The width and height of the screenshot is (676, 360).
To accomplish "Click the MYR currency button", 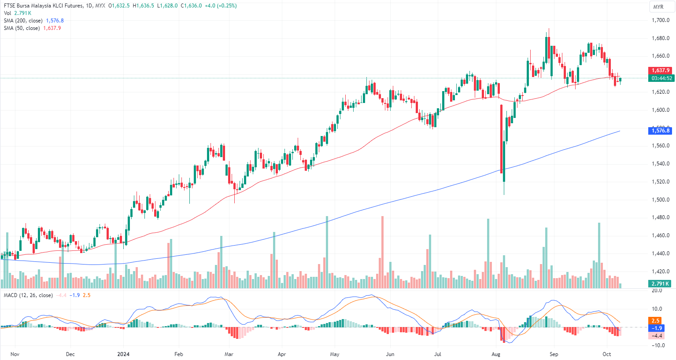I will click(658, 7).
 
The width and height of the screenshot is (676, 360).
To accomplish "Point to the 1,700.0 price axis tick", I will click(661, 20).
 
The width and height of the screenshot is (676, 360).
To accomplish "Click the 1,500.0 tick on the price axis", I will click(661, 200).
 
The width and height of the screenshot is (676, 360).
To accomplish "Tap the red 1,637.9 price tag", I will click(661, 70).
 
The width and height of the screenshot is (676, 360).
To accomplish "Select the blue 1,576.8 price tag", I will click(661, 131).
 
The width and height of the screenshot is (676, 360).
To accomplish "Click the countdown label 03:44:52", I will click(661, 78).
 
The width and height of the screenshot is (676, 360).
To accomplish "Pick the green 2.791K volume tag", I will click(661, 284).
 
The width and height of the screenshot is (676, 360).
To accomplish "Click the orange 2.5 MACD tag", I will click(655, 321).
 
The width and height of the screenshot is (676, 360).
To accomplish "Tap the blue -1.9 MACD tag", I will click(657, 328).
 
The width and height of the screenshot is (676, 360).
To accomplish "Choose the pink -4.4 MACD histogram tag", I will click(657, 336).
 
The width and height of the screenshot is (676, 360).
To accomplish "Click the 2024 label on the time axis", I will click(123, 354).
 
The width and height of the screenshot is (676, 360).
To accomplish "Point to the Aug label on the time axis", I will click(496, 354).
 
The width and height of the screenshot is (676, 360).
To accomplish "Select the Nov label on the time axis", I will click(15, 354).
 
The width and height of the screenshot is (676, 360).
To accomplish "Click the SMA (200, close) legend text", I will click(23, 21).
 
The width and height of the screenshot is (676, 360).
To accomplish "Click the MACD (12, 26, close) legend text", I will click(28, 295).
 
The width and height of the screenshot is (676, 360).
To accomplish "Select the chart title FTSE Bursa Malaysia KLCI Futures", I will click(43, 6).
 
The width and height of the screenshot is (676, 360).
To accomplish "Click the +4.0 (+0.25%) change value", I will click(221, 6).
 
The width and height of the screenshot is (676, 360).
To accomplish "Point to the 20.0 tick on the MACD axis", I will click(657, 290).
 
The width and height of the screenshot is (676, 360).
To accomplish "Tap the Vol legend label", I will click(7, 13).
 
